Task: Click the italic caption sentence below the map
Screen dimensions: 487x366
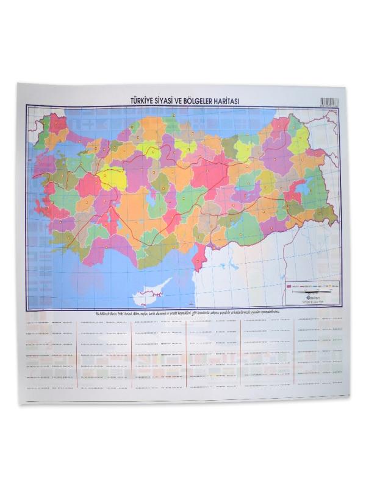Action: point(183,312)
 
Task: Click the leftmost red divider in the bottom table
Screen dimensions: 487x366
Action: point(76,353)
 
